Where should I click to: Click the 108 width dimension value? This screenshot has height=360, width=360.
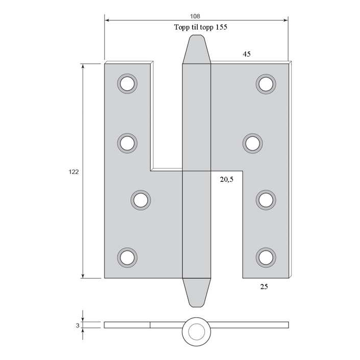point(195,16)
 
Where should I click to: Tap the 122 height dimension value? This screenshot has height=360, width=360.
point(74,172)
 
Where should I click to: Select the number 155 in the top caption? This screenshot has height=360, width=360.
point(221,27)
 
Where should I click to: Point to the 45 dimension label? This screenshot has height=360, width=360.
point(247,54)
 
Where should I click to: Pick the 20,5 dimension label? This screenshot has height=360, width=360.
point(227,179)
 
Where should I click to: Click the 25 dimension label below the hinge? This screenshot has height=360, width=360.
point(264,286)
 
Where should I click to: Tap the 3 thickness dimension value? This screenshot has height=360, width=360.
point(78,325)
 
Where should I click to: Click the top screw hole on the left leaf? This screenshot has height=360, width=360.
point(127,84)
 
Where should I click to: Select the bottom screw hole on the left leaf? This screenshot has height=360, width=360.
point(127,257)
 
